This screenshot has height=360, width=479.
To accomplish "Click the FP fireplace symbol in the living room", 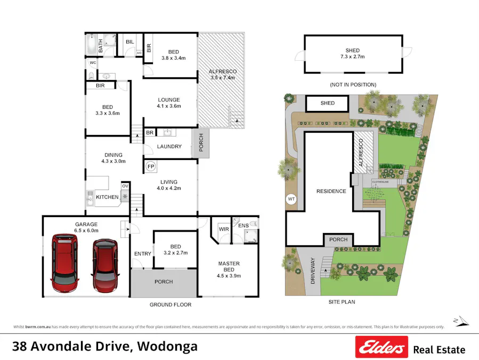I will click(x=150, y=166).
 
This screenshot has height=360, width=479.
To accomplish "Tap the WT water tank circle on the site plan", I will click(x=291, y=199).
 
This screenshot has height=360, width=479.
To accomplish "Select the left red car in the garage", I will click(x=64, y=264).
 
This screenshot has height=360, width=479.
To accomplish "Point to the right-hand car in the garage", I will click(x=104, y=265).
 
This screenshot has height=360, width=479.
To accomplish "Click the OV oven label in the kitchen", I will click(x=125, y=186).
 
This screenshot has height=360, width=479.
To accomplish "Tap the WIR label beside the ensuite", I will click(x=224, y=229).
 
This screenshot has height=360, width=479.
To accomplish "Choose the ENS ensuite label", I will click(x=243, y=226).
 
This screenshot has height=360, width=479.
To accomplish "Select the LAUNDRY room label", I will click(x=169, y=147).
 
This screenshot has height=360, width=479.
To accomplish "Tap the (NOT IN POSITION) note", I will click(x=352, y=84).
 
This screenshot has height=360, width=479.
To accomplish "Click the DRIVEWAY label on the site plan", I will click(x=313, y=270).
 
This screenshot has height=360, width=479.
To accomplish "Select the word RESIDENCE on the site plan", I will click(x=331, y=191).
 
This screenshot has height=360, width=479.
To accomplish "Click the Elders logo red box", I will click(x=381, y=347).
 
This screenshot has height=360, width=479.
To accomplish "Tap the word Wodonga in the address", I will click(x=167, y=346).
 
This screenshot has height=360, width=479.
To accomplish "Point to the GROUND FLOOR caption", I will click(x=169, y=305).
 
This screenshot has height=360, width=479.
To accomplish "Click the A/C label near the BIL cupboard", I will click(x=139, y=53).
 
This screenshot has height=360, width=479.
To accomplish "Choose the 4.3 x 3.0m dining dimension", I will click(x=113, y=161).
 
